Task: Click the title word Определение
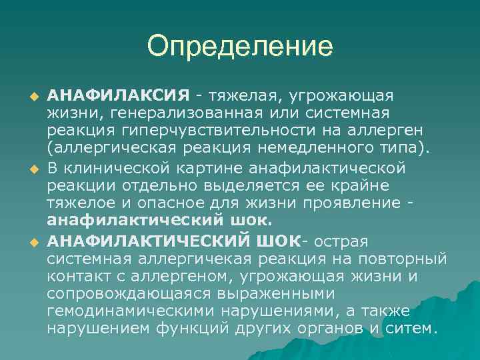tap(240, 47)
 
